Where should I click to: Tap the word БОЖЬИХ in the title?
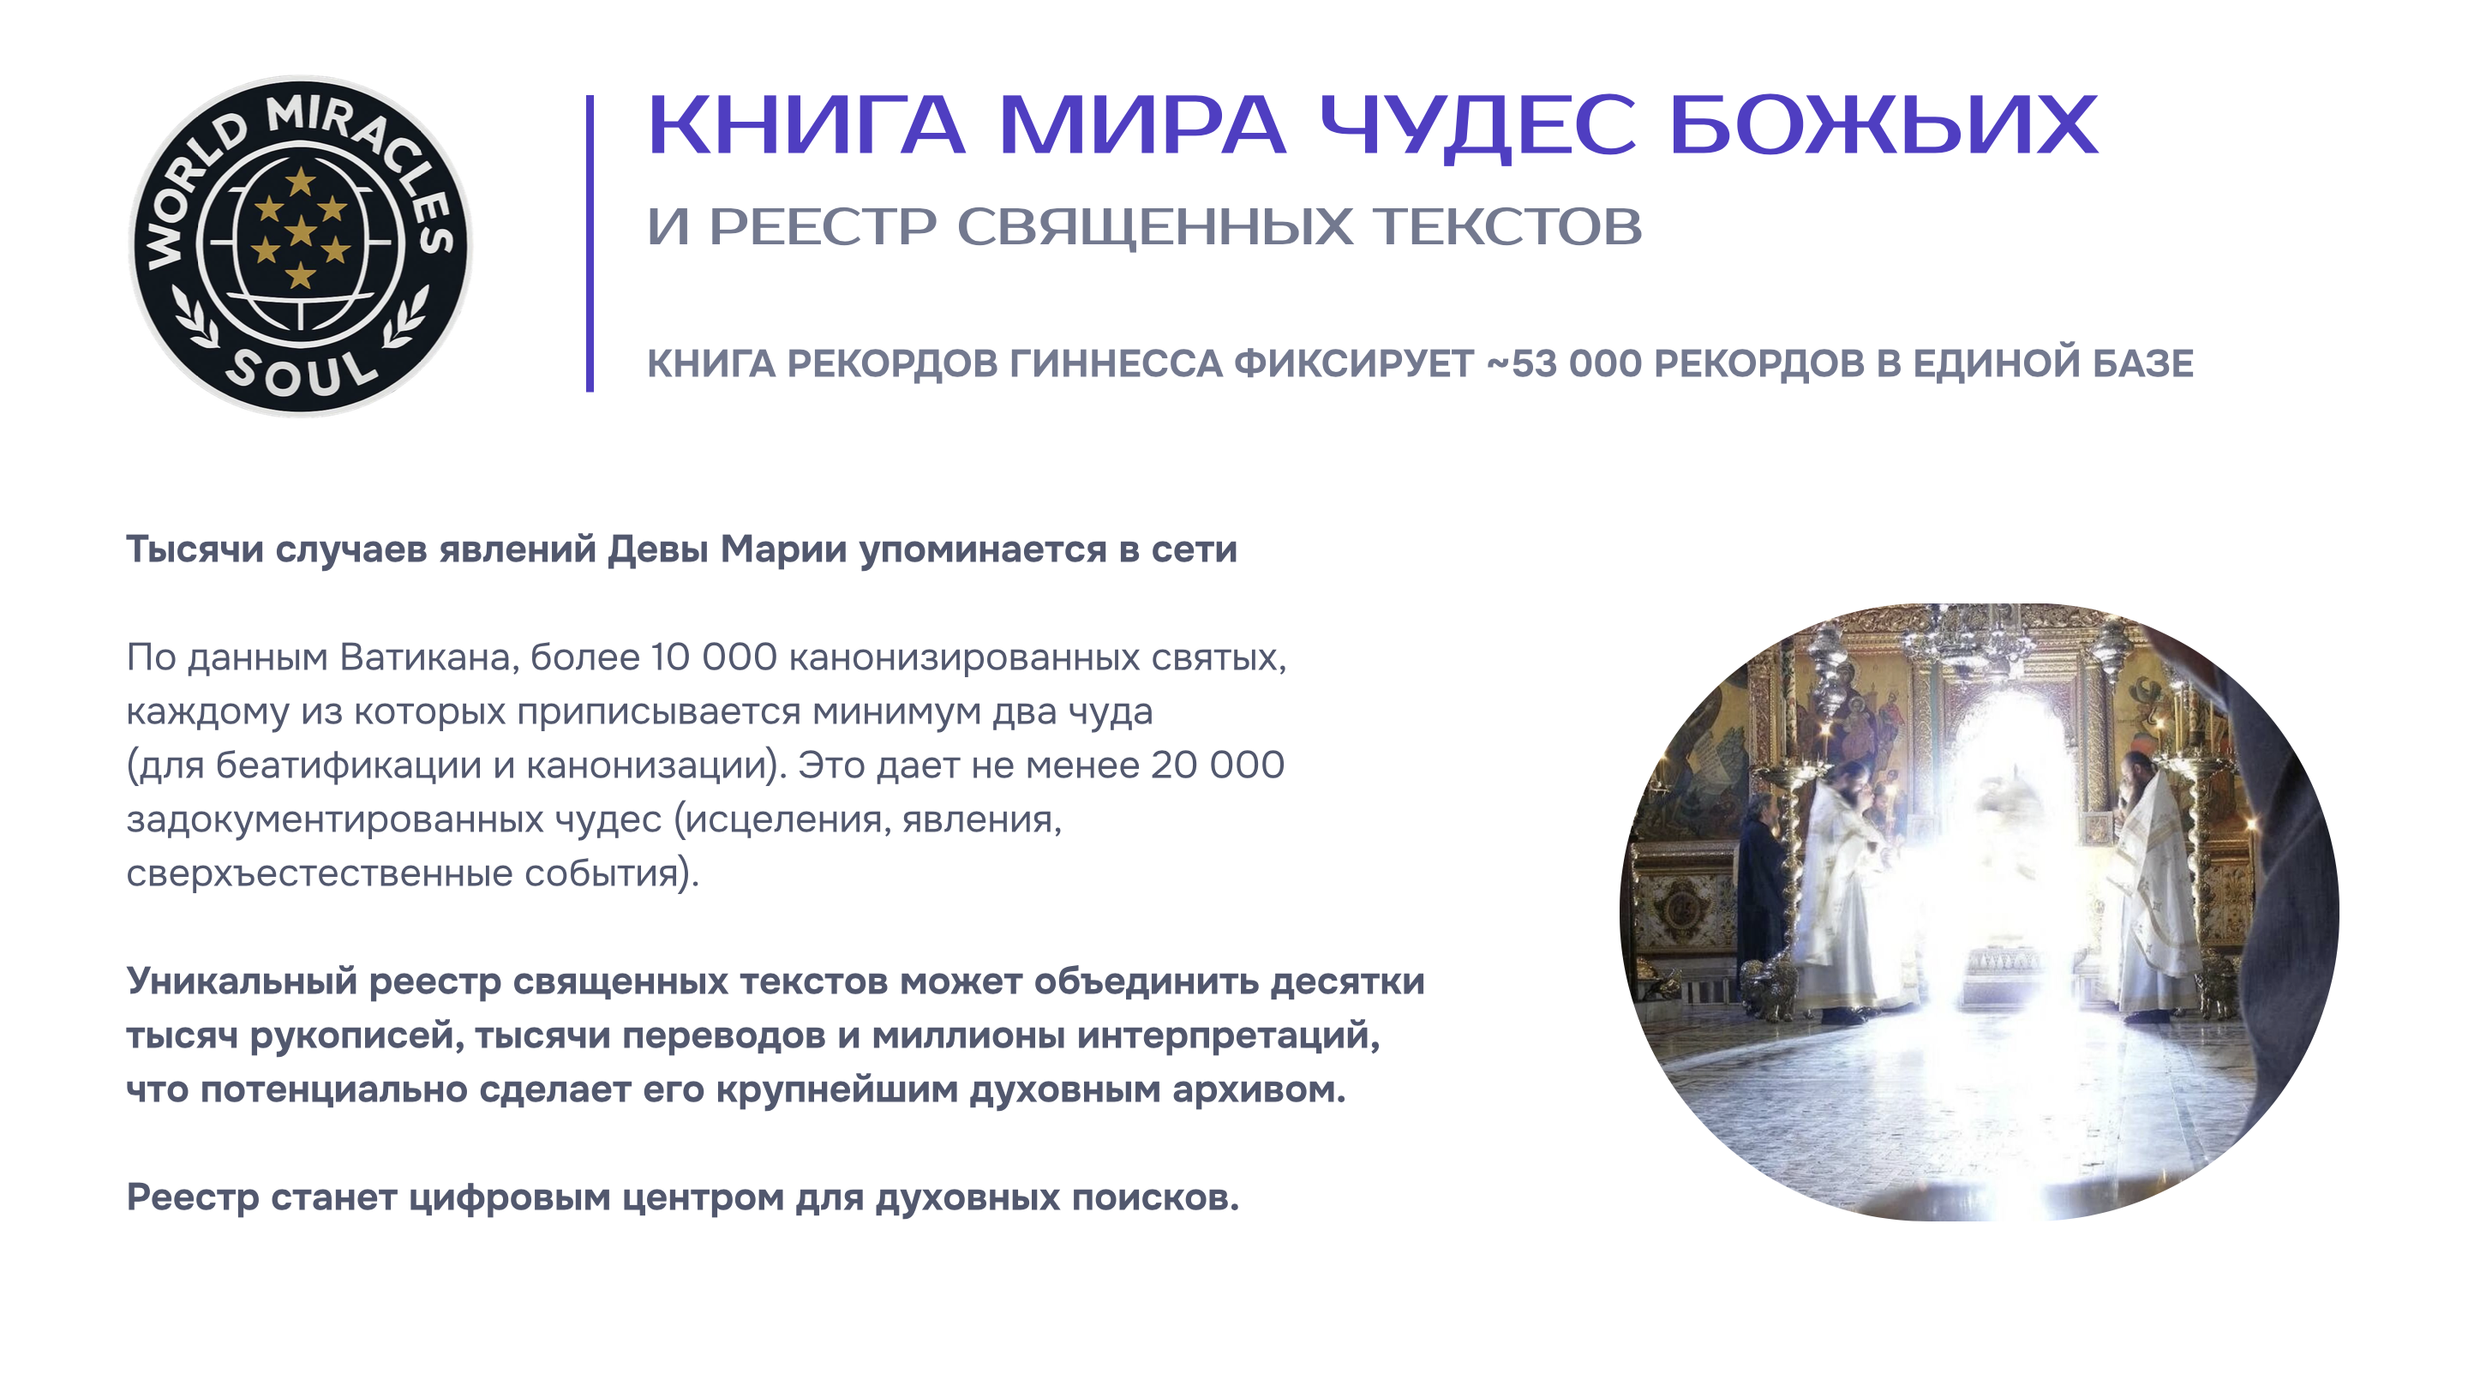tap(1884, 124)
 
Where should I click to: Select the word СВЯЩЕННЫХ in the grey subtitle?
tap(1156, 228)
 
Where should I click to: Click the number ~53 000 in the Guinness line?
tap(1565, 364)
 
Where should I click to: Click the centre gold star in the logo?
tap(301, 230)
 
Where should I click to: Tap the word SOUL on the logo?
tap(301, 371)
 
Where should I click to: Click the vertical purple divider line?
tap(590, 243)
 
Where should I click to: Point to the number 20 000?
tap(1218, 765)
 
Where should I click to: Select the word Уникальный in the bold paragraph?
tap(242, 982)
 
